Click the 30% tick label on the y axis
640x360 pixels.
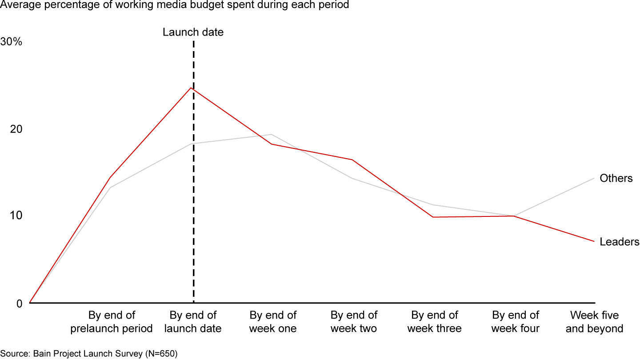tap(11, 42)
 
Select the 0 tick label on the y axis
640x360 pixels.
tap(19, 304)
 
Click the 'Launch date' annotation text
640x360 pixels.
tap(193, 32)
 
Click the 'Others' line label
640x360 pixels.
tap(616, 178)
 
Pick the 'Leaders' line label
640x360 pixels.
tap(620, 242)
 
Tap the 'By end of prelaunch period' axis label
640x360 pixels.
tap(112, 322)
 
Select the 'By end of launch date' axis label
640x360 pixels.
tap(193, 322)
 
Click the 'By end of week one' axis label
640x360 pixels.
tap(273, 322)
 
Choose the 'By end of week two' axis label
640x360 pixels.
tap(354, 322)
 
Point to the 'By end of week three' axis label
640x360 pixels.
tap(435, 322)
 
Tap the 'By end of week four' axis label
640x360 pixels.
tap(516, 322)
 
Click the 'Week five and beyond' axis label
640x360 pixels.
tap(595, 322)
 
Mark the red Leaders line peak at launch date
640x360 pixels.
tap(191, 88)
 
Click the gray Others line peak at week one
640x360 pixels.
tap(272, 134)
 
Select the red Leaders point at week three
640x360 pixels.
tap(432, 217)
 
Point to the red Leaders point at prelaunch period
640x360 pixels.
tap(110, 177)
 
